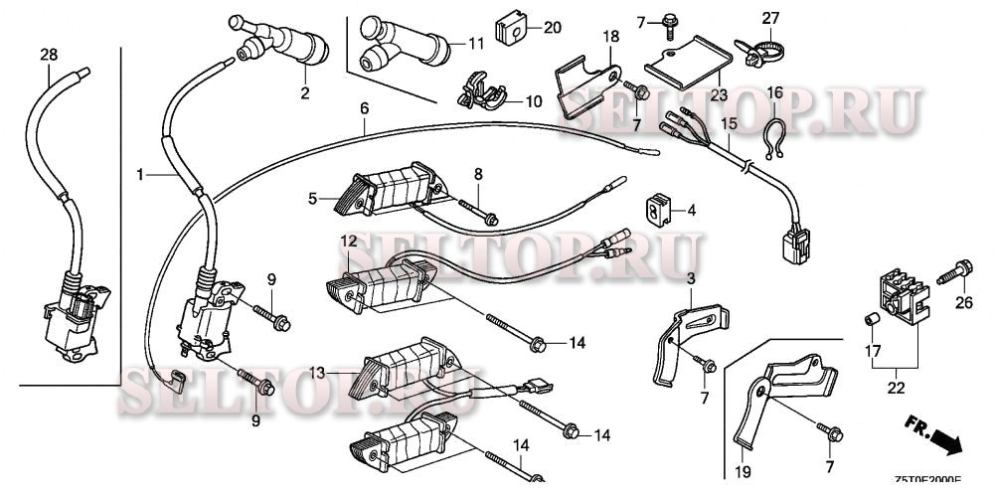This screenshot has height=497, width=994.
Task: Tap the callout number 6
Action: (364, 106)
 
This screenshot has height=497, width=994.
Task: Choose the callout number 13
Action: (318, 373)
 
